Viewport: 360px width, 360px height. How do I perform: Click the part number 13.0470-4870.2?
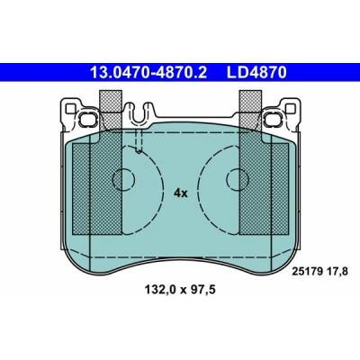[148, 73]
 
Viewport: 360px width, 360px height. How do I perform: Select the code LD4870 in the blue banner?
[256, 73]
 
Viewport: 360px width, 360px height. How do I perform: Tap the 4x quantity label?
[180, 193]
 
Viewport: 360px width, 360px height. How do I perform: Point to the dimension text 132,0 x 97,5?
[180, 290]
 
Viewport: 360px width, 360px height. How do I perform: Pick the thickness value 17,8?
[339, 272]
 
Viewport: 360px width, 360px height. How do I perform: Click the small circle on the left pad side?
[123, 179]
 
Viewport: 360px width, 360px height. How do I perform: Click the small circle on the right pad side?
[238, 179]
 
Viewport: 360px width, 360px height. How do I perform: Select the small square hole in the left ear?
[70, 108]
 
